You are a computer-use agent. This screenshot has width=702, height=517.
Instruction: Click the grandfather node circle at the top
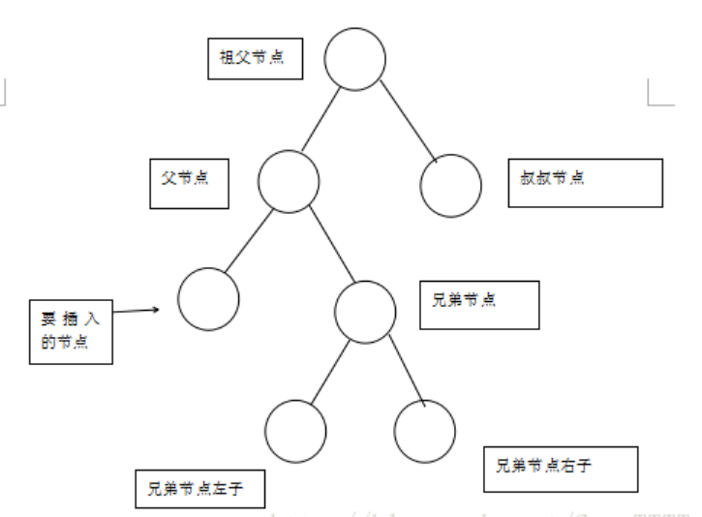(x=354, y=58)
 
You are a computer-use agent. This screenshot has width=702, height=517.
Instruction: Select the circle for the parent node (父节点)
(x=289, y=181)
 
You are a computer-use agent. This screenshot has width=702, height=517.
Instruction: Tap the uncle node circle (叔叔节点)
(x=451, y=185)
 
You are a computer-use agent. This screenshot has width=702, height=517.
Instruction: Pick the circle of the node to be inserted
(x=208, y=299)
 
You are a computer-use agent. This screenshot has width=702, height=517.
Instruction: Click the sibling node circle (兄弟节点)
(x=365, y=311)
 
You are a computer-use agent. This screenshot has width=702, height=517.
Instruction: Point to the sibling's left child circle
(x=295, y=429)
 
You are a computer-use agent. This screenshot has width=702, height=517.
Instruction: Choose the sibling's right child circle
(x=425, y=429)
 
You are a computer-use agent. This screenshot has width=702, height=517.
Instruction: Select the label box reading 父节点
(x=190, y=181)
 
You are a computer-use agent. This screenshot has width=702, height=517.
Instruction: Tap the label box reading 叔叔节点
(x=585, y=182)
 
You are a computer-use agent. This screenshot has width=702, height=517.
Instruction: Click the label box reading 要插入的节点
(x=71, y=330)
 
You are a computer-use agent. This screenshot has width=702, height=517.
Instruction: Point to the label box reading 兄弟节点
(x=478, y=303)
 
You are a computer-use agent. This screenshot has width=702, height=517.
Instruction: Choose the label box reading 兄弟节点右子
(x=561, y=469)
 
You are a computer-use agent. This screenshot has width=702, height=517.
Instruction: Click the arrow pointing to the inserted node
(x=136, y=311)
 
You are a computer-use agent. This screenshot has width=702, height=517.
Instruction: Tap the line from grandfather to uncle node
(x=404, y=120)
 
